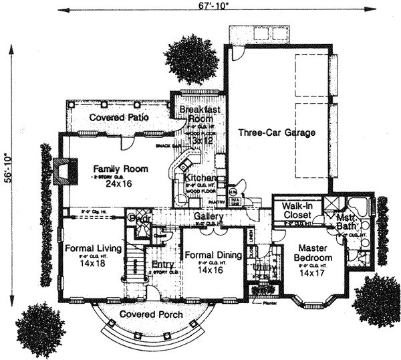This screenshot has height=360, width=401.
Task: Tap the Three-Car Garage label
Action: pyautogui.click(x=277, y=133)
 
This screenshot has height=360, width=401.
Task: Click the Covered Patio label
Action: pyautogui.click(x=119, y=118)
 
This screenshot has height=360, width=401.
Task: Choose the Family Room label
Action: pyautogui.click(x=120, y=169)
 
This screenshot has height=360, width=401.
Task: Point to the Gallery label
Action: pyautogui.click(x=208, y=217)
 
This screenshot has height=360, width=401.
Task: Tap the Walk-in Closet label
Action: pyautogui.click(x=297, y=211)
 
